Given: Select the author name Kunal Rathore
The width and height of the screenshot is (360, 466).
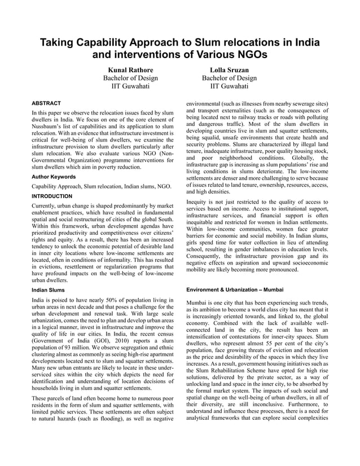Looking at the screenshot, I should coord(130,69).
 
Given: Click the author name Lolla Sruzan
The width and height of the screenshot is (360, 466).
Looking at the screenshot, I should coord(229,69).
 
